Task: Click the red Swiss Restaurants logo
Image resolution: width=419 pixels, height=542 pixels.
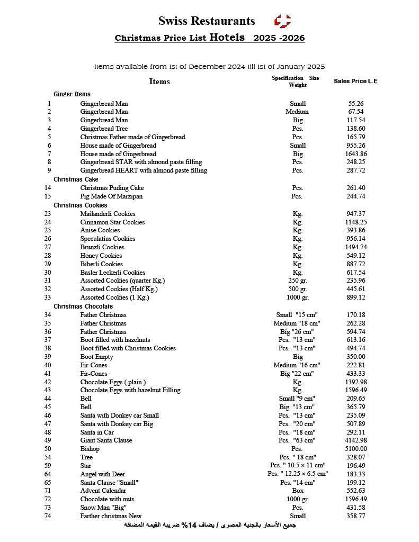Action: coord(282,21)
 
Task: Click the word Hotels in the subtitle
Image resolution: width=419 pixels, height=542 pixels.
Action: coord(227,38)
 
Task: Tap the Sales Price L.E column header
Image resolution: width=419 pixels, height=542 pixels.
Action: coord(355,81)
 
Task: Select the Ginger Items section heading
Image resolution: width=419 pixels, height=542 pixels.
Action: coord(72,94)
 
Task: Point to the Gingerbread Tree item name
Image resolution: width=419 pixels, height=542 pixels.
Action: coord(104,129)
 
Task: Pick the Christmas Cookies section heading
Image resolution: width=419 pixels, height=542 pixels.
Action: coord(80,205)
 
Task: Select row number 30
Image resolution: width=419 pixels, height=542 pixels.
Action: coord(48,273)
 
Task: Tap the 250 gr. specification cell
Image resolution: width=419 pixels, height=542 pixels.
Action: coord(298,281)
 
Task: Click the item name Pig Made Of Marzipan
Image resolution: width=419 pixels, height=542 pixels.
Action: coord(111,196)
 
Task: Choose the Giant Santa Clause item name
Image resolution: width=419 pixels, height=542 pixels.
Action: coord(106,440)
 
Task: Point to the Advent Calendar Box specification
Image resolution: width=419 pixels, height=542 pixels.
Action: coord(298,491)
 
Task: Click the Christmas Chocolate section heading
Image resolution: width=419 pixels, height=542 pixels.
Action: coord(83,306)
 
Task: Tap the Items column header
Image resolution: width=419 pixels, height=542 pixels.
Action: coord(159,82)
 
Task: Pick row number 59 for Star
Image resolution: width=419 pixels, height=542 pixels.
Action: coord(48,466)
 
